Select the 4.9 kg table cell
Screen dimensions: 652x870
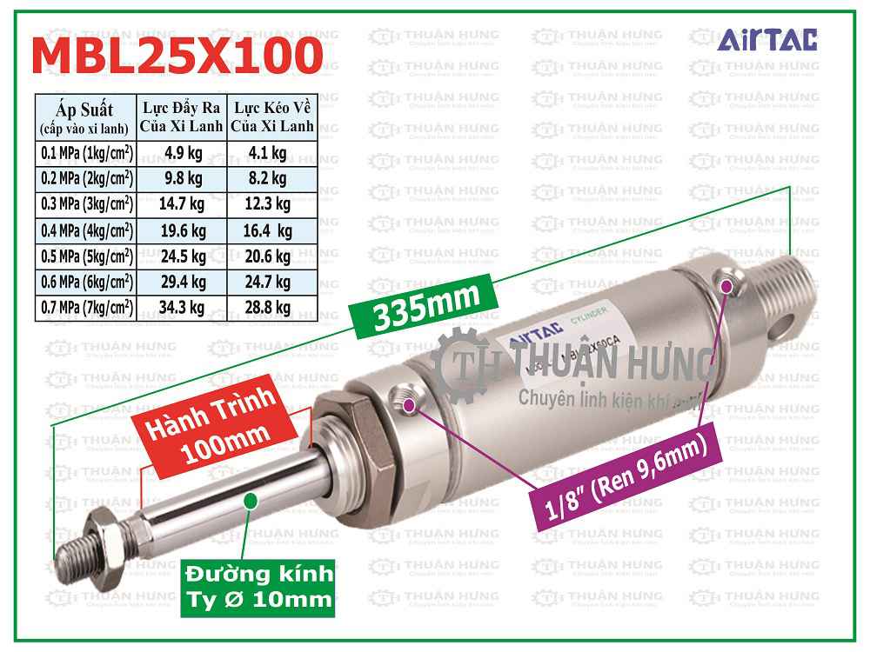[183, 154]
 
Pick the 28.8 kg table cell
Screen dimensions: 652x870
[269, 306]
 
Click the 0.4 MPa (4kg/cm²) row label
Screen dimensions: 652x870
[87, 230]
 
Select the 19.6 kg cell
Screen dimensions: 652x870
[183, 230]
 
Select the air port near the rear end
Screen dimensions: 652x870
[726, 283]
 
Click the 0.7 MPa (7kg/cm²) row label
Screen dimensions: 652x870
[87, 306]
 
